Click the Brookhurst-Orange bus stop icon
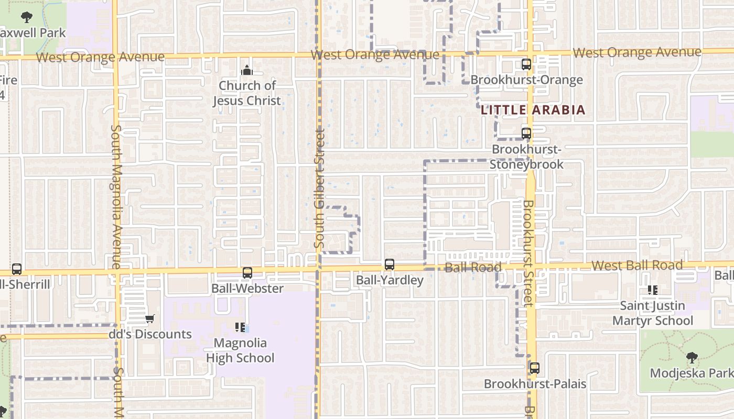click(526, 64)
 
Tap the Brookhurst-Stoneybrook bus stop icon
click(526, 133)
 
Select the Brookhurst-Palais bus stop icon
click(534, 368)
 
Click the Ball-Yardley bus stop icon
click(389, 264)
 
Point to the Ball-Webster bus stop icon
click(247, 272)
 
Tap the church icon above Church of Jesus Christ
click(246, 70)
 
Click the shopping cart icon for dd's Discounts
click(149, 318)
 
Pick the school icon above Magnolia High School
click(240, 327)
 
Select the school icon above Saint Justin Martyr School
click(653, 290)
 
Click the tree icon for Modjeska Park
click(692, 358)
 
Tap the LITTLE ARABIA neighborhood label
click(533, 110)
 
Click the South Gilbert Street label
click(320, 189)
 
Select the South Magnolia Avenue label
click(116, 196)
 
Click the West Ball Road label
click(637, 265)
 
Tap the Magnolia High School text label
click(240, 350)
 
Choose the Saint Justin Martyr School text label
click(653, 313)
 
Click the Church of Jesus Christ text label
click(246, 93)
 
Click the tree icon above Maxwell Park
click(27, 17)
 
